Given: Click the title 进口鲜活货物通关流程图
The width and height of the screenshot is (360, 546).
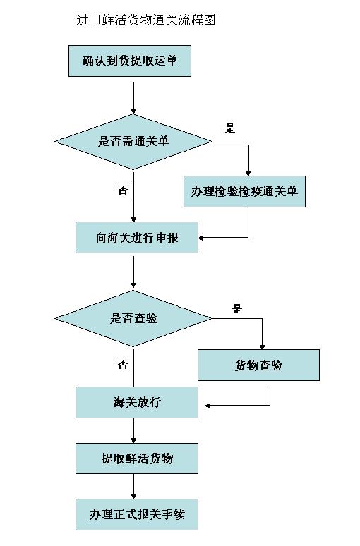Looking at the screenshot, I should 145,20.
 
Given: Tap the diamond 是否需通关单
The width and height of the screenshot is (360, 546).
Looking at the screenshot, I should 133,141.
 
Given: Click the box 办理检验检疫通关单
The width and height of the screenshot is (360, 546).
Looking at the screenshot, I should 244,191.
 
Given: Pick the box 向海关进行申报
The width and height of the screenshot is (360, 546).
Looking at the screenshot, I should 137,238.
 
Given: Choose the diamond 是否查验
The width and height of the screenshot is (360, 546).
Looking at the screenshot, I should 133,318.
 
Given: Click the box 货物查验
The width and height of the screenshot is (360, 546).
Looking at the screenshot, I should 258,365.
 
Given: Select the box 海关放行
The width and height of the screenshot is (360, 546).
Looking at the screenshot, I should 137,403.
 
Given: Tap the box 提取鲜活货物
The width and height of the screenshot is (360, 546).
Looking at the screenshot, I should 137,459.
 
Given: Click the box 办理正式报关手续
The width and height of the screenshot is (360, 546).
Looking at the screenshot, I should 137,514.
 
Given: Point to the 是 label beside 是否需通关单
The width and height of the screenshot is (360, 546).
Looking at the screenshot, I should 229,128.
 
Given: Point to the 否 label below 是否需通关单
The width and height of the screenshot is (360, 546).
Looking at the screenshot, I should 123,190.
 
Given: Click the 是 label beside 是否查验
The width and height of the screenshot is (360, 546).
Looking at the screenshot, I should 237,308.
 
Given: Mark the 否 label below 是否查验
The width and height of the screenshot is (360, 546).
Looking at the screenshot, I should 123,365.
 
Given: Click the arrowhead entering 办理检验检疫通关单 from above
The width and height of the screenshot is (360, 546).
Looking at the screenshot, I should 248,171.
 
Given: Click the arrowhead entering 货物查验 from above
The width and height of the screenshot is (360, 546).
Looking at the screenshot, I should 262,346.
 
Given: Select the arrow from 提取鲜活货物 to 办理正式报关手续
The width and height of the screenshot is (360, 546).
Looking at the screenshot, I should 133,487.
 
